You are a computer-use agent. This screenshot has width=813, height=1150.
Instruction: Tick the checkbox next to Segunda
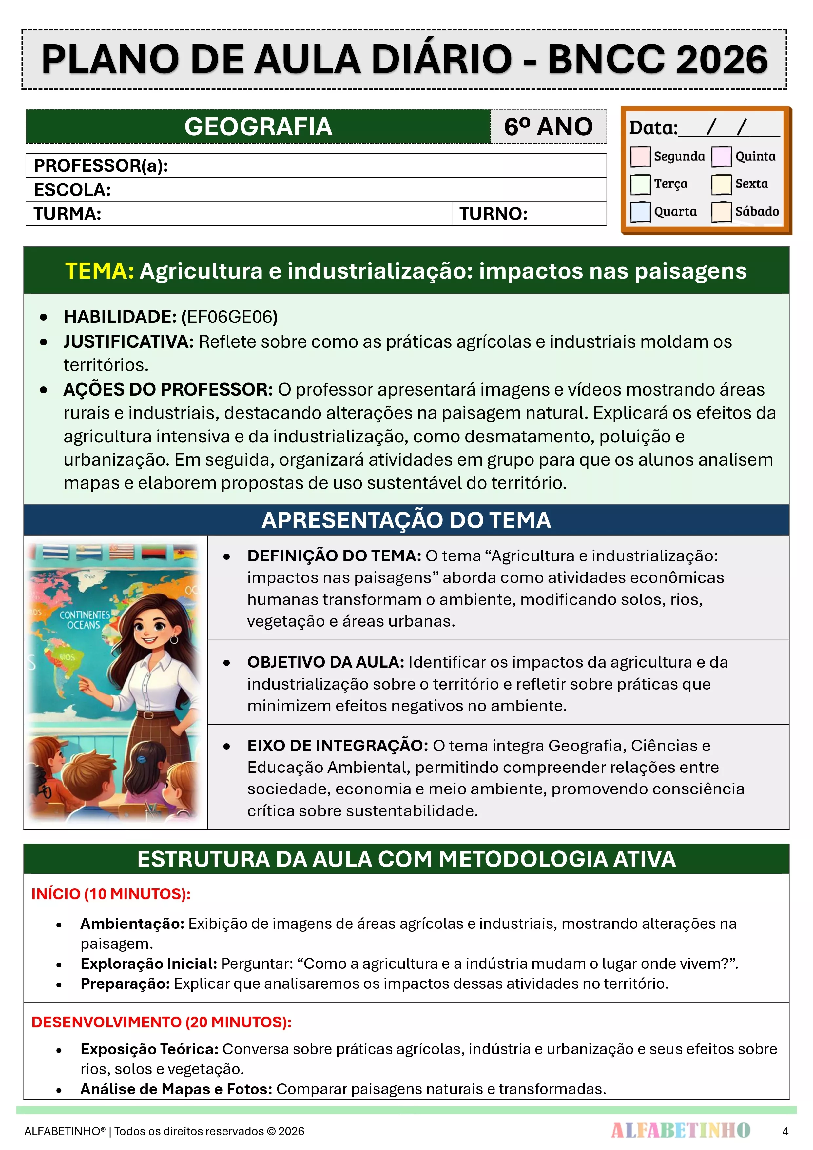pyautogui.click(x=640, y=156)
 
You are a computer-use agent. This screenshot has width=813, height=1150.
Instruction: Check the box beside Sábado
pyautogui.click(x=721, y=211)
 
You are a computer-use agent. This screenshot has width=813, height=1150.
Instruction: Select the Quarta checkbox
pyautogui.click(x=640, y=211)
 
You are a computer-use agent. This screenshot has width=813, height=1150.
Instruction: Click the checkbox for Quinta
pyautogui.click(x=721, y=156)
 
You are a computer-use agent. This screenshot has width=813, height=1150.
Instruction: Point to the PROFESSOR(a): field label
pyautogui.click(x=101, y=165)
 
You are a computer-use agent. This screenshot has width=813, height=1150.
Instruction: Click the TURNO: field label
pyautogui.click(x=494, y=214)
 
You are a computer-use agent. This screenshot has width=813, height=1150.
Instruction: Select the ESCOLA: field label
pyautogui.click(x=72, y=190)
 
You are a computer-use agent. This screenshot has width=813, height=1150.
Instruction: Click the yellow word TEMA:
pyautogui.click(x=100, y=271)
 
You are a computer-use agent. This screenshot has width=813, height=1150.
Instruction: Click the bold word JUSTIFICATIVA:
pyautogui.click(x=128, y=341)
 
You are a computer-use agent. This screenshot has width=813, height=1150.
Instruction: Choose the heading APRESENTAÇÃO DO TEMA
pyautogui.click(x=406, y=520)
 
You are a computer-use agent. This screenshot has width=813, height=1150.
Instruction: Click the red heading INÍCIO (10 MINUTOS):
pyautogui.click(x=111, y=894)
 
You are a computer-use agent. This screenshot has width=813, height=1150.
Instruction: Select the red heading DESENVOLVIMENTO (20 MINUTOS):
pyautogui.click(x=161, y=1022)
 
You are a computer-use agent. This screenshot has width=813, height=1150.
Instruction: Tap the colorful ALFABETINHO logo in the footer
pyautogui.click(x=680, y=1130)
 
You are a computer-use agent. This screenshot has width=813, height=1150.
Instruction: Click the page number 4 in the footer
pyautogui.click(x=785, y=1131)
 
